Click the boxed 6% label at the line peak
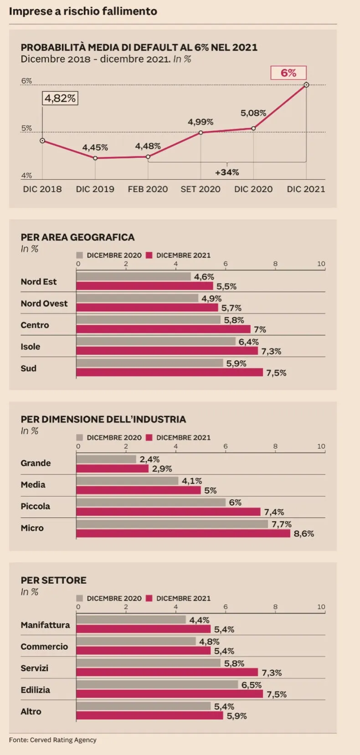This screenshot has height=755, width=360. click(288, 73)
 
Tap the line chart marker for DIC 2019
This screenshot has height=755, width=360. click(95, 158)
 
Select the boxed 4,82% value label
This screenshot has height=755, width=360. click(60, 98)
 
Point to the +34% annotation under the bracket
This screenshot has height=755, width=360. click(227, 172)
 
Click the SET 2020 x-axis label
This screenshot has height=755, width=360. click(201, 189)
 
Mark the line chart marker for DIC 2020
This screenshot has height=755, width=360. click(253, 129)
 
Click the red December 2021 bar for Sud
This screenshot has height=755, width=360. click(170, 372)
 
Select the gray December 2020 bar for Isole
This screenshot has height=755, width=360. click(156, 341)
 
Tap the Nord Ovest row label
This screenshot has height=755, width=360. click(44, 304)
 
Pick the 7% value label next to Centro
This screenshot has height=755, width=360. click(260, 330)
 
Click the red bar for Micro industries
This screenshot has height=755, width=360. click(183, 533)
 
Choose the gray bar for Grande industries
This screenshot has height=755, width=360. click(106, 459)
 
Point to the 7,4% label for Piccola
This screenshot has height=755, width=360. click(274, 512)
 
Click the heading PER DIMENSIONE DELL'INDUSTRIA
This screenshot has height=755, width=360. click(103, 419)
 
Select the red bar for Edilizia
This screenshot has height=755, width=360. click(170, 694)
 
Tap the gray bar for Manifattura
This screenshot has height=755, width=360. click(131, 620)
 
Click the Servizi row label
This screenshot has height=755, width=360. click(34, 668)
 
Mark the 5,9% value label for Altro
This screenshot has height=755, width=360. click(237, 716)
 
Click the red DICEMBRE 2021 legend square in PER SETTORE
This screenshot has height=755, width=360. click(149, 598)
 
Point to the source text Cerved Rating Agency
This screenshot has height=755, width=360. click(63, 740)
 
